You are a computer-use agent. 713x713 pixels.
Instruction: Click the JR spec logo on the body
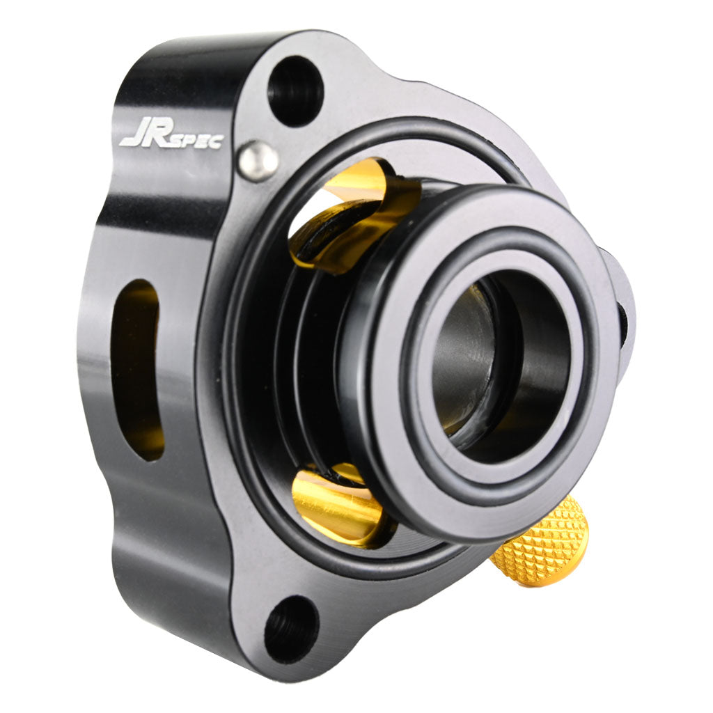click(171, 136)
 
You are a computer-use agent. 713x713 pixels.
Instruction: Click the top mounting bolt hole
click(295, 90)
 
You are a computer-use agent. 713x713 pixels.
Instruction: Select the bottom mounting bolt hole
click(291, 629)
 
